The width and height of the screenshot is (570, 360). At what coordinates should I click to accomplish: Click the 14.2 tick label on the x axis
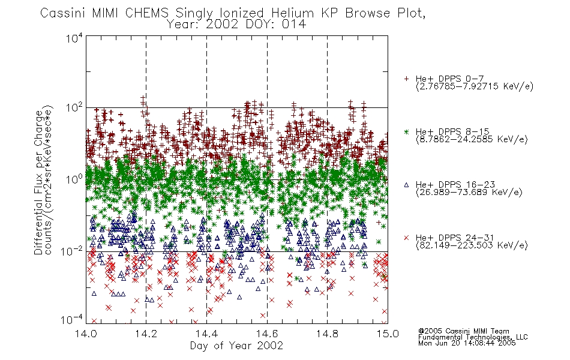pos(146,334)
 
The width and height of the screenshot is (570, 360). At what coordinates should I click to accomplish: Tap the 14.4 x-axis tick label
pos(206,334)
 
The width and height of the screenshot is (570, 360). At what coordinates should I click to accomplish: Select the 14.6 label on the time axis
pos(267,334)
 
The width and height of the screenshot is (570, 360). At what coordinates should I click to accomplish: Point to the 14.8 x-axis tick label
pos(327,334)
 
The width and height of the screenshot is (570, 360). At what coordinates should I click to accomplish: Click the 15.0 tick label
pos(388,334)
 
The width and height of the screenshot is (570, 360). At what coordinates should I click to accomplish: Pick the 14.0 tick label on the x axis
pos(86,334)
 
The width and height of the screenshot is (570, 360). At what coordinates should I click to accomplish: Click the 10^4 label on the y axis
pos(74,38)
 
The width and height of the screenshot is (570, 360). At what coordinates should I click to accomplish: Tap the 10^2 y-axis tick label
pos(74,108)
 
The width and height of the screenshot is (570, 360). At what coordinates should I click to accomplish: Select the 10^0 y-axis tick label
pos(74,179)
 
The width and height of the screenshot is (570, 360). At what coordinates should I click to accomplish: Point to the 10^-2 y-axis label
pos(72,251)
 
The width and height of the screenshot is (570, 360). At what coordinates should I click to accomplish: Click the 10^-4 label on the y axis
pos(72,320)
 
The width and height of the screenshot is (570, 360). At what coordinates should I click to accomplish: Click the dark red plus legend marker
pos(406,79)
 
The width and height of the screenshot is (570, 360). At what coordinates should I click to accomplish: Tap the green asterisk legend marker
pos(406,131)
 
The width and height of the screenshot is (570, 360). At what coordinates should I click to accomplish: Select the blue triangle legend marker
pos(406,185)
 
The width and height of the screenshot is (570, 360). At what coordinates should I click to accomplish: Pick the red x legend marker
pos(406,238)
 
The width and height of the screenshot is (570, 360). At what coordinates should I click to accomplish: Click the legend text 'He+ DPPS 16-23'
pos(455,185)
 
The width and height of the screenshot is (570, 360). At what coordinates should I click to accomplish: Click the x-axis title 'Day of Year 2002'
pos(236,346)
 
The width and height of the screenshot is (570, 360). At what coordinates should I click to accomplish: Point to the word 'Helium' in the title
pos(292,13)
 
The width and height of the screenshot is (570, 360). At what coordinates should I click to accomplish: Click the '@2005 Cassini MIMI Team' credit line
pos(463,331)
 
